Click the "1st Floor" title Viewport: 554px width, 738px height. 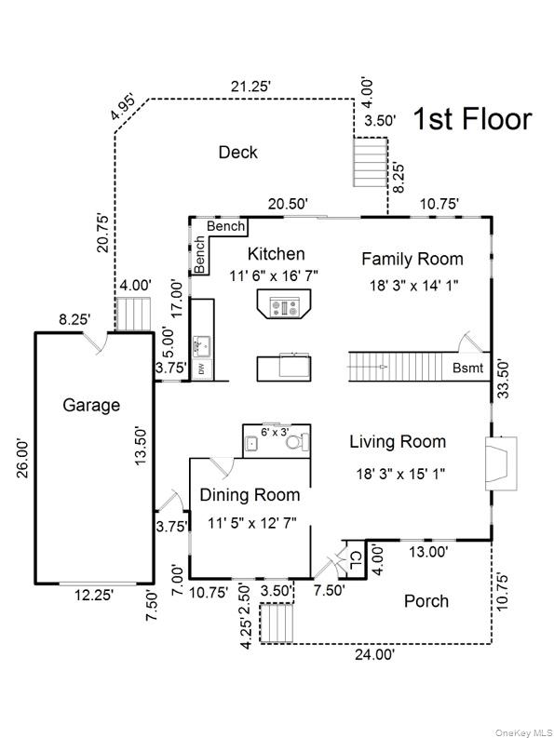pyautogui.click(x=472, y=119)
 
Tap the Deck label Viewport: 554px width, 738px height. pyautogui.click(x=238, y=153)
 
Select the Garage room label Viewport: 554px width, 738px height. pyautogui.click(x=91, y=405)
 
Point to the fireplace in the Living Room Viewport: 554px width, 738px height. pyautogui.click(x=501, y=463)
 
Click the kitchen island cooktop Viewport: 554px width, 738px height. pyautogui.click(x=284, y=308)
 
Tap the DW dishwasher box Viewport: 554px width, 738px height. pyautogui.click(x=202, y=370)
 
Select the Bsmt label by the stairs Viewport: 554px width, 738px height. pyautogui.click(x=467, y=368)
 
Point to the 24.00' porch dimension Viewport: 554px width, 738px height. pyautogui.click(x=375, y=654)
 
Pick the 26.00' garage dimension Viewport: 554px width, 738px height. pyautogui.click(x=23, y=459)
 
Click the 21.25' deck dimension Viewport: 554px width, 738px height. pyautogui.click(x=250, y=87)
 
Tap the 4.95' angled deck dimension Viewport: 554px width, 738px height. pyautogui.click(x=123, y=107)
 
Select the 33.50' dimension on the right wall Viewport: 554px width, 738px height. pyautogui.click(x=503, y=379)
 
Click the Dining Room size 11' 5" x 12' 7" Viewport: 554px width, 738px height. pyautogui.click(x=252, y=522)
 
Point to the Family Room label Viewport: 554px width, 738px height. pyautogui.click(x=412, y=259)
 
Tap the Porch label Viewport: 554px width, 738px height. pyautogui.click(x=426, y=601)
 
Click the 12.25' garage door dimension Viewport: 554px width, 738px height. pyautogui.click(x=94, y=595)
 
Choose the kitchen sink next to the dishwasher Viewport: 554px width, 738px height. pyautogui.click(x=202, y=347)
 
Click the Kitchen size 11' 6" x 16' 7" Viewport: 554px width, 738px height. pyautogui.click(x=274, y=275)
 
